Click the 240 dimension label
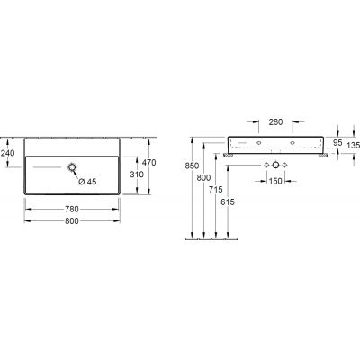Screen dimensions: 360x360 7,153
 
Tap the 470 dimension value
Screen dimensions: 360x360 148,163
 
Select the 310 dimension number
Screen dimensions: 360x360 137,175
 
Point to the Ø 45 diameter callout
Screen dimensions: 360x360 87,182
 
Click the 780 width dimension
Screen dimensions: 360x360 72,209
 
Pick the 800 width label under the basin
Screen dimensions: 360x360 72,221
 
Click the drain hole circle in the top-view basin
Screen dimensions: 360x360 72,167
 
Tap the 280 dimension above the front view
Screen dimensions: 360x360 275,121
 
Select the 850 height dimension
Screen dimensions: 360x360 192,166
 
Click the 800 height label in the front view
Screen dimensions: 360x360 203,178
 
